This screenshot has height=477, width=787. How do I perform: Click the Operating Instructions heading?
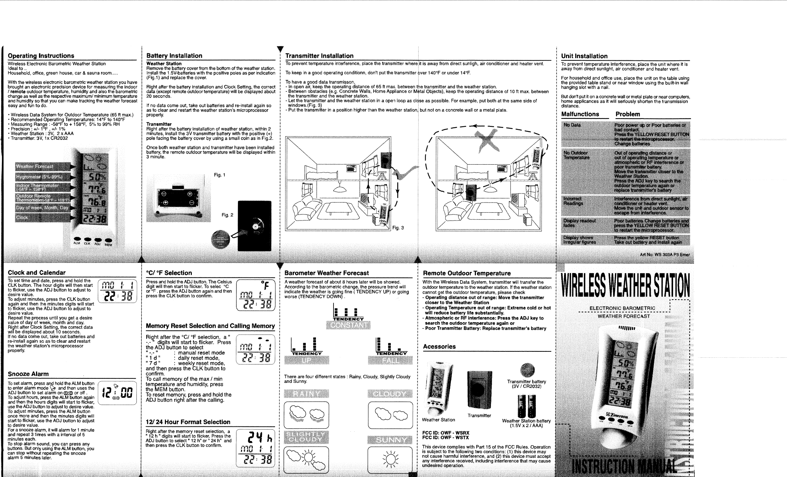pos(41,56)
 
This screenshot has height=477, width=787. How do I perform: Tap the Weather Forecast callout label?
pos(34,166)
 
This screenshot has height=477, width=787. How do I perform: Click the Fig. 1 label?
pos(220,175)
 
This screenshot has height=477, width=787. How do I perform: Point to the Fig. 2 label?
pos(227,215)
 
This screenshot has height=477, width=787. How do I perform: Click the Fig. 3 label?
pos(398,228)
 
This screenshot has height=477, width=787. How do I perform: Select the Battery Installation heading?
pos(174,56)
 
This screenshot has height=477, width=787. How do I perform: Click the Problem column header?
pos(628,114)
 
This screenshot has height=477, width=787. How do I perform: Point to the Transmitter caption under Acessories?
pos(479,415)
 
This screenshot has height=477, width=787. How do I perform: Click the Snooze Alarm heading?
pos(28,374)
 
